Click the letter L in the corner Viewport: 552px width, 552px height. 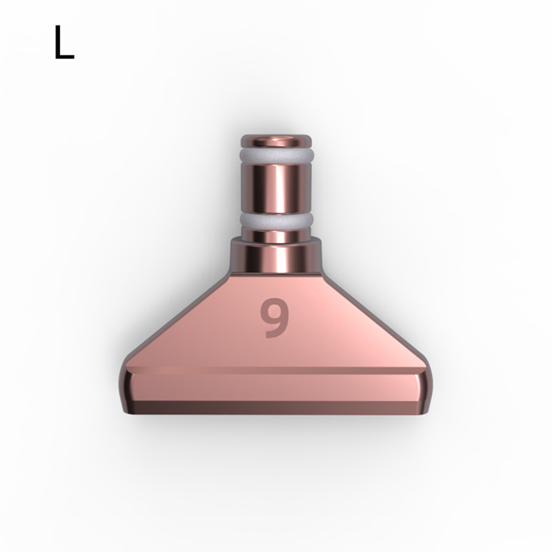(x=64, y=42)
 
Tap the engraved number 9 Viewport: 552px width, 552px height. (x=274, y=318)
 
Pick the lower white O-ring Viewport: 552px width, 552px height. (x=276, y=220)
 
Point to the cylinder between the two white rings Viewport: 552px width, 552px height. (x=276, y=188)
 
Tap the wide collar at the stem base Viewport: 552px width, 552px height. (x=276, y=256)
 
